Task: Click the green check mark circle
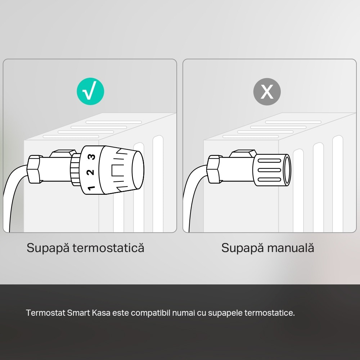click(90, 92)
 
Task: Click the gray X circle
click(267, 92)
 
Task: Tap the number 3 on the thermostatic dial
click(92, 157)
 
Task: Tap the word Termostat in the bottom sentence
click(45, 313)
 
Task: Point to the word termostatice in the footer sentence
click(269, 313)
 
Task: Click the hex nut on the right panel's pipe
click(213, 169)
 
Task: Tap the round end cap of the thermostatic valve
click(138, 169)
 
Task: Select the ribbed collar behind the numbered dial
click(75, 169)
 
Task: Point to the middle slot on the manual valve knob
click(269, 170)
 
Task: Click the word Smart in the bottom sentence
click(78, 313)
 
